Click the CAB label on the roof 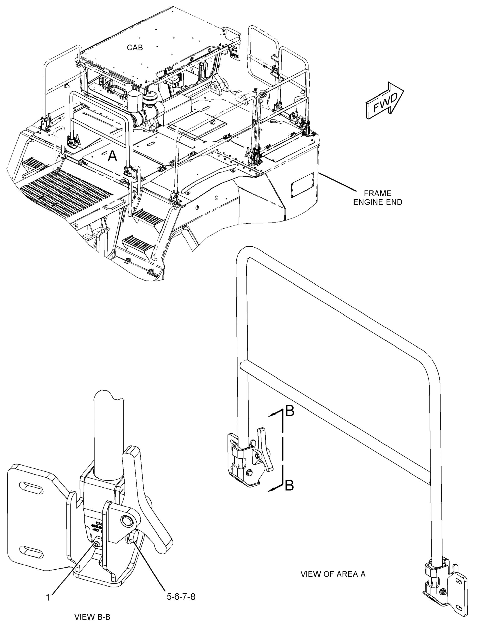(135, 48)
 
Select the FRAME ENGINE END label (377, 198)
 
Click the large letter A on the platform (112, 157)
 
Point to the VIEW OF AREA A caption (333, 574)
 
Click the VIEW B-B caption (92, 617)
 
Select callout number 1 (48, 597)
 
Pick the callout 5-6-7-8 (181, 597)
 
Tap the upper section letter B (289, 412)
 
